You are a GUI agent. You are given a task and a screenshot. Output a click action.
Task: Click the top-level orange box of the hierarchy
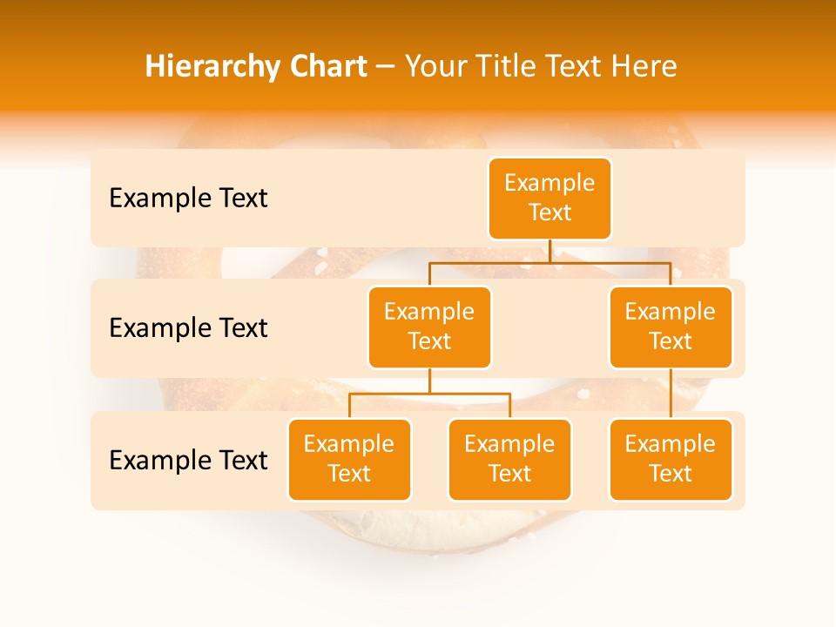tap(549, 198)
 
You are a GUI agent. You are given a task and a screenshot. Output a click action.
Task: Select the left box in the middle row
tap(429, 327)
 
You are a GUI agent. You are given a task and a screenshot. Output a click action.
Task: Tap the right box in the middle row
tap(671, 327)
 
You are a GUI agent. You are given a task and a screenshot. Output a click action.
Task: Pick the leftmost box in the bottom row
tap(349, 459)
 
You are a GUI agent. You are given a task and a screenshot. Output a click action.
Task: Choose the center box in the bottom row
tap(509, 459)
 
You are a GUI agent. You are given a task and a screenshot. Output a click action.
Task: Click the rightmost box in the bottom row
tap(671, 459)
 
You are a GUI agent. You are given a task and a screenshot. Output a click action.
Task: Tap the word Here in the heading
tap(645, 66)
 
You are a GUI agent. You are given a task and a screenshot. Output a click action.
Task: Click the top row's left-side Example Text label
tap(188, 199)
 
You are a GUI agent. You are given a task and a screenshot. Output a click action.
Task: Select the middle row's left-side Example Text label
tap(188, 328)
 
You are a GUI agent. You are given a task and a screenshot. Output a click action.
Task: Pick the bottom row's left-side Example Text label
tap(188, 460)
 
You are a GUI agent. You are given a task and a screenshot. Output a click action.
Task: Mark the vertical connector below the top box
tap(549, 251)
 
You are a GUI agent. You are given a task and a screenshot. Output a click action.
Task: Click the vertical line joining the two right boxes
tap(671, 394)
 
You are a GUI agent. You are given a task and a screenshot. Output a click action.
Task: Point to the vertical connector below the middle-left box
tap(429, 381)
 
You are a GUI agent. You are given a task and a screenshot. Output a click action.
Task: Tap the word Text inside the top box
tap(549, 212)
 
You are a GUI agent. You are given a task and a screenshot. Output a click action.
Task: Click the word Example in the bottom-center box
tap(509, 444)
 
